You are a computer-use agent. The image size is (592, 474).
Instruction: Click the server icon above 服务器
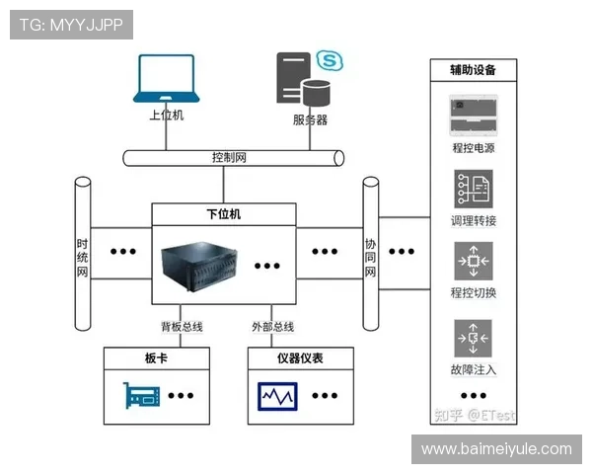(308, 78)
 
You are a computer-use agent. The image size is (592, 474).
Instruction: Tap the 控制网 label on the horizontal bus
(229, 157)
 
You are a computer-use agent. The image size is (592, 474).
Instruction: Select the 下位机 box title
(224, 213)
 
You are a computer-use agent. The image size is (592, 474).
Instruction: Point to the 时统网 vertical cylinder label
(83, 258)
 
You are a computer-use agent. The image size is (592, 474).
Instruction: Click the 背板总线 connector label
(182, 327)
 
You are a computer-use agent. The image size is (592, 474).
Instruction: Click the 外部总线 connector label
(273, 327)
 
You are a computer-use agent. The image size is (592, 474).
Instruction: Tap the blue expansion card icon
(142, 396)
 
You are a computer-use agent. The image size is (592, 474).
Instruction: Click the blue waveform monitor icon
(277, 396)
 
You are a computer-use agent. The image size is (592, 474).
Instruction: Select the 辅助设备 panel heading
(474, 70)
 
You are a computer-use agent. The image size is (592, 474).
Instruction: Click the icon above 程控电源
(474, 116)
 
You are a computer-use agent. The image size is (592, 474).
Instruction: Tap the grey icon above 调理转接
(474, 189)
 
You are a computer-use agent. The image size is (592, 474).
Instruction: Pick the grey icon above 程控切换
(474, 262)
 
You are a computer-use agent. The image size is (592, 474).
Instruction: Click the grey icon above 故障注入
(474, 338)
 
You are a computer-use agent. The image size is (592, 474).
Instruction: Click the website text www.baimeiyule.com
(496, 449)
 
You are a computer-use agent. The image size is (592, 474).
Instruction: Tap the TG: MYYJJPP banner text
(70, 25)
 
